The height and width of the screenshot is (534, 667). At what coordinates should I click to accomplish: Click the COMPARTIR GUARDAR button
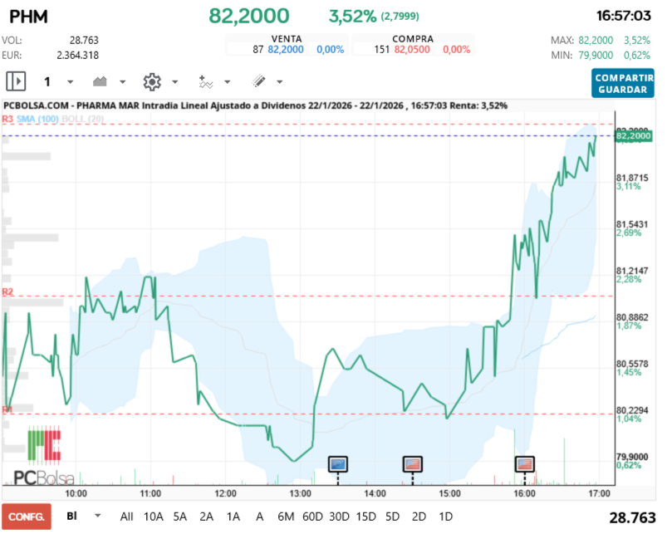tap(623, 82)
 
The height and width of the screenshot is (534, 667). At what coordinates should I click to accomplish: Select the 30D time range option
tap(339, 516)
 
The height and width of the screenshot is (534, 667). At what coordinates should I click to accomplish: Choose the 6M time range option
tap(286, 516)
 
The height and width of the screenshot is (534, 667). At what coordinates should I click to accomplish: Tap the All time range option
tap(126, 516)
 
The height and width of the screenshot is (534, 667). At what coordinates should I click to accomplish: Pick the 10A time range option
tap(154, 516)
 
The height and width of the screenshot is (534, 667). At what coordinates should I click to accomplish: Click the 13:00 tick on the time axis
tap(300, 492)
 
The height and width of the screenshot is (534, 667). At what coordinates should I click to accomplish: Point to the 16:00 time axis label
tap(524, 492)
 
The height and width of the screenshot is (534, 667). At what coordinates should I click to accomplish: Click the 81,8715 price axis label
tap(631, 178)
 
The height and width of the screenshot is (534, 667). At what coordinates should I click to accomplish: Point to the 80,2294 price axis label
tap(631, 410)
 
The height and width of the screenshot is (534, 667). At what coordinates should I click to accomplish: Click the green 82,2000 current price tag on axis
tap(632, 135)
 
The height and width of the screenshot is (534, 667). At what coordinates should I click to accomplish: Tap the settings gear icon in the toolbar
tap(151, 81)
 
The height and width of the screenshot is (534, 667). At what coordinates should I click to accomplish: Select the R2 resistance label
tap(7, 291)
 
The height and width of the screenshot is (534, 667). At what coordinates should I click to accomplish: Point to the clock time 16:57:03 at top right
tap(622, 16)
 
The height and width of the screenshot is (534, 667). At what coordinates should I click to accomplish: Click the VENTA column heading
tap(286, 38)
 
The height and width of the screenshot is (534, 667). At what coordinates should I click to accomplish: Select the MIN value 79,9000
tap(596, 55)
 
